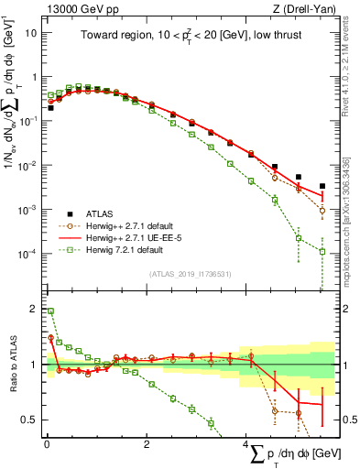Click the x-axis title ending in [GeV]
(x=290, y=455)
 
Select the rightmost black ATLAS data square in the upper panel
(x=322, y=186)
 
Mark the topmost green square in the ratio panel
(x=50, y=311)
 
